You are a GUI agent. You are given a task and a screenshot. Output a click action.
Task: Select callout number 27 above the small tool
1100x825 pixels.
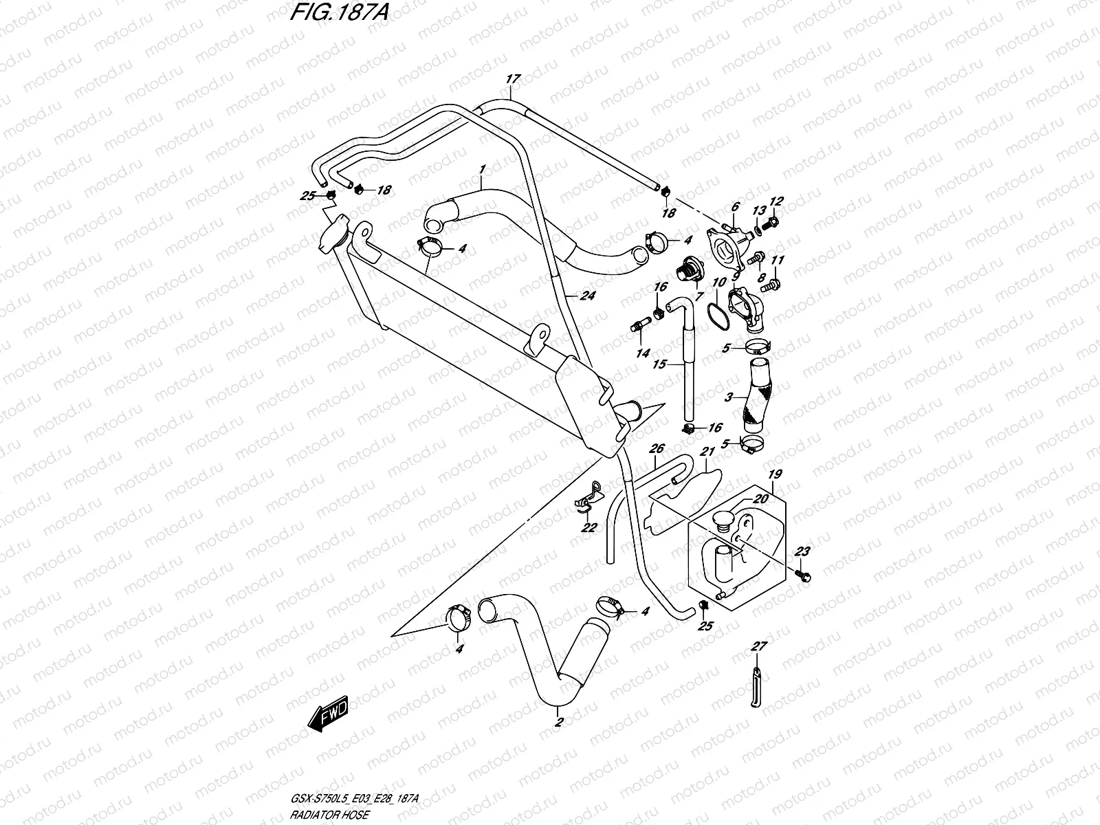coord(758,646)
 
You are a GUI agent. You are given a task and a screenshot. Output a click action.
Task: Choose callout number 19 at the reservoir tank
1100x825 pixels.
coord(775,474)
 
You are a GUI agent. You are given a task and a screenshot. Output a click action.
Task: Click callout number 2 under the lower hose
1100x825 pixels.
coord(559,723)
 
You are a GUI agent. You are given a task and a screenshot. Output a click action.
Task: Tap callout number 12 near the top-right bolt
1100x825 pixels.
coord(776,201)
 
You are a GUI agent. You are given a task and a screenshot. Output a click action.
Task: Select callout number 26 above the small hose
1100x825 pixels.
coord(657,449)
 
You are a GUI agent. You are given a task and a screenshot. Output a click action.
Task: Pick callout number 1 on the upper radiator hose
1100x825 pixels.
coord(483,169)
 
